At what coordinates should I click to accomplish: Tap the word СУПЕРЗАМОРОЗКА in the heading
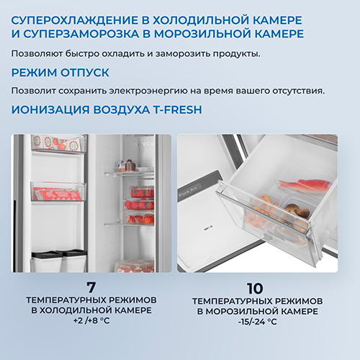point(81,34)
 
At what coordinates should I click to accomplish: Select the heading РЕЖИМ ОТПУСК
point(60,73)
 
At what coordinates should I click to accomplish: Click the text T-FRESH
point(178,109)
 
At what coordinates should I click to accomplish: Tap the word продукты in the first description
point(237,54)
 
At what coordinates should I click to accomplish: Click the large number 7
point(91,287)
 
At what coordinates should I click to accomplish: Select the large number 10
point(255,288)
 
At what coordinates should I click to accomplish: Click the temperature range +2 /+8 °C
point(91,320)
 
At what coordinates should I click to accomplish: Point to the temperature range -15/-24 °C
point(258,322)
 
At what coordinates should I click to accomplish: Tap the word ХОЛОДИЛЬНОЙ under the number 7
point(76,310)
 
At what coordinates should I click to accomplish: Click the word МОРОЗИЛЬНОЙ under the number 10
point(242,311)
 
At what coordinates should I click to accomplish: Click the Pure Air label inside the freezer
point(187,192)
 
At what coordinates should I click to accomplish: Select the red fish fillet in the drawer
point(305,185)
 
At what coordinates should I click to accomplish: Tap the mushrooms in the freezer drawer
point(297,211)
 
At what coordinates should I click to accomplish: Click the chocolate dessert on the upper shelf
point(131,166)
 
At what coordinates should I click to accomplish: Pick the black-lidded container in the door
point(47,261)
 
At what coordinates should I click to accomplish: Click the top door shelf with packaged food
point(58,144)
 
